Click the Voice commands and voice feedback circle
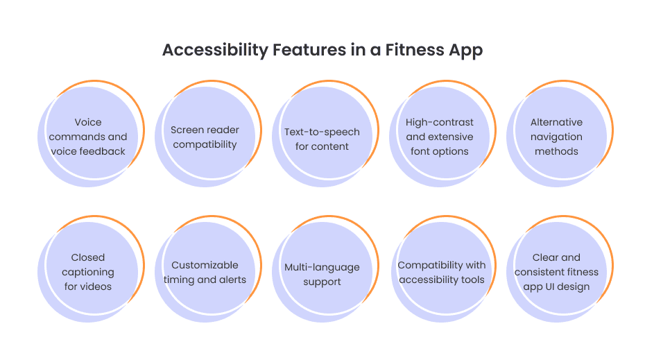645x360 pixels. pyautogui.click(x=88, y=137)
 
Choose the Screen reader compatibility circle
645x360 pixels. pyautogui.click(x=205, y=137)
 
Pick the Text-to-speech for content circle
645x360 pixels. pyautogui.click(x=322, y=138)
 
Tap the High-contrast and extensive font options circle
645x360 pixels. pyautogui.click(x=439, y=137)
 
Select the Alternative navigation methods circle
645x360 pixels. pyautogui.click(x=556, y=137)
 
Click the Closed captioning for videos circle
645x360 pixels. pyautogui.click(x=88, y=272)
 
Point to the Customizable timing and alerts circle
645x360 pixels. pyautogui.click(x=205, y=272)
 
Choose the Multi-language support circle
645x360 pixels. pyautogui.click(x=322, y=274)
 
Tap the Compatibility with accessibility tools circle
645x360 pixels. pyautogui.click(x=440, y=272)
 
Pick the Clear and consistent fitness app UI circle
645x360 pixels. pyautogui.click(x=556, y=272)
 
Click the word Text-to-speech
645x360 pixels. pyautogui.click(x=322, y=132)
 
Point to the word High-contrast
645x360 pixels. pyautogui.click(x=440, y=123)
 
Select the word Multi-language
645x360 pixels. pyautogui.click(x=322, y=267)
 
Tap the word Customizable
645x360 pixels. pyautogui.click(x=205, y=265)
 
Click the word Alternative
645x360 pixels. pyautogui.click(x=556, y=123)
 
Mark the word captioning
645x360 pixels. pyautogui.click(x=88, y=272)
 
